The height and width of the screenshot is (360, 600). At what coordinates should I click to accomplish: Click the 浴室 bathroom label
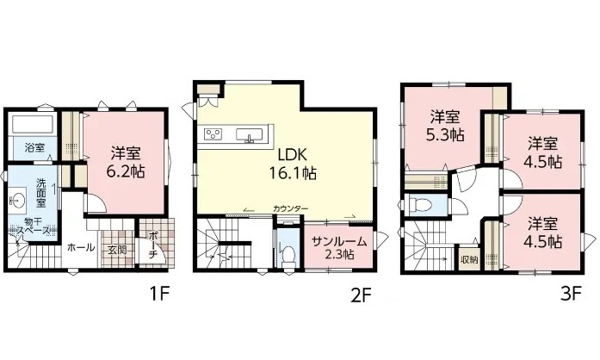[x=34, y=147]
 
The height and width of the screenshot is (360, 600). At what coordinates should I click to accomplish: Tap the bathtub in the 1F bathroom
[x=33, y=124]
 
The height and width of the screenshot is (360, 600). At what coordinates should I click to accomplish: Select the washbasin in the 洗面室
[x=17, y=199]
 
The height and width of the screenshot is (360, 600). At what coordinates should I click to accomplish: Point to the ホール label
[x=81, y=247]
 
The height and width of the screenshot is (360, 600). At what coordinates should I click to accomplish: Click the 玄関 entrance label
[x=117, y=251]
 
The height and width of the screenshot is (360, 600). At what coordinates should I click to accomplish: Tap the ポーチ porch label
[x=152, y=245]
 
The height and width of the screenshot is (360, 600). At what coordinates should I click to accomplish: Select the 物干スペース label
[x=33, y=227]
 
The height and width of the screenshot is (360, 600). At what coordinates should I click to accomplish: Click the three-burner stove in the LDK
[x=213, y=134]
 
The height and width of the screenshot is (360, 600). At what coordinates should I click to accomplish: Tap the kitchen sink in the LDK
[x=250, y=135]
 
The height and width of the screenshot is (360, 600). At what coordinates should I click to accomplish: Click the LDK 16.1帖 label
[x=293, y=164]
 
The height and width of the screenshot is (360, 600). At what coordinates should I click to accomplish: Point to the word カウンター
[x=290, y=208]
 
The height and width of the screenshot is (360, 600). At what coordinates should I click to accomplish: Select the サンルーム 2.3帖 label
[x=338, y=248]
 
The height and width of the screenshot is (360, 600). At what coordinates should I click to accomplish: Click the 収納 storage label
[x=469, y=259]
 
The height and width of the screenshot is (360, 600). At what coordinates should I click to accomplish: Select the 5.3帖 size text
[x=445, y=135]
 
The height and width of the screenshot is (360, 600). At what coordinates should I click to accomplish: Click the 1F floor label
[x=158, y=294]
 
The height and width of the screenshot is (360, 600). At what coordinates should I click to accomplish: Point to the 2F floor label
[x=362, y=295]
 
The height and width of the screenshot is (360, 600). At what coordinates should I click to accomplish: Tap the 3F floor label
[x=572, y=294]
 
